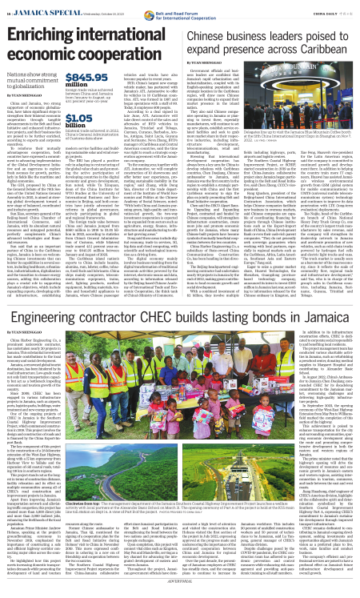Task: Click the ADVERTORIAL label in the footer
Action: (180, 593)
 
